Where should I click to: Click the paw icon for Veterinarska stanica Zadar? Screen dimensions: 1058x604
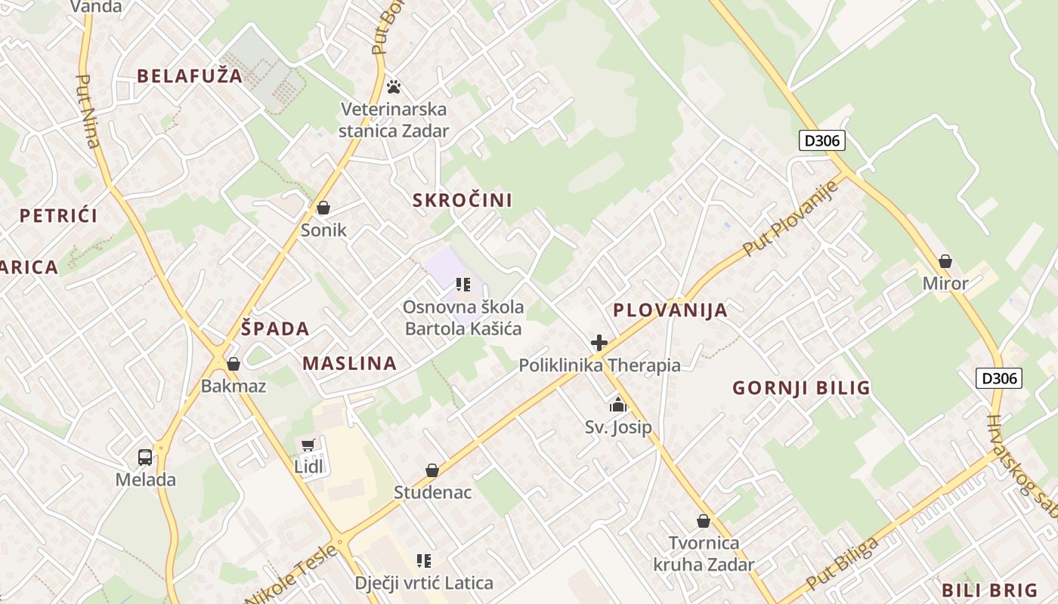coord(393,86)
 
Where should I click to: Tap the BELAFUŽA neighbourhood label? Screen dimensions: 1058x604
coord(190,75)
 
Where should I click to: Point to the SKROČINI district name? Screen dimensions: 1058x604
coord(462,200)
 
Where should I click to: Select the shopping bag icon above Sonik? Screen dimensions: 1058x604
coord(323,208)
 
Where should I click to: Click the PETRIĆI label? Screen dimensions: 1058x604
coord(59,216)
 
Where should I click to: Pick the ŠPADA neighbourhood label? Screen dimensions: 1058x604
coord(275,329)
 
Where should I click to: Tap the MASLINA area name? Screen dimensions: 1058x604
coord(350,363)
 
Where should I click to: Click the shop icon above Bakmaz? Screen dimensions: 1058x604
coord(234,364)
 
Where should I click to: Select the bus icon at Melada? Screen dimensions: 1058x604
coord(145,457)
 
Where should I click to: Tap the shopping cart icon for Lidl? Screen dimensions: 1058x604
coord(308,445)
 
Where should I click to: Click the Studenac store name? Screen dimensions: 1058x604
coord(432,493)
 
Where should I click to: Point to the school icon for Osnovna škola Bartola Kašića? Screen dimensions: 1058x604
coord(463,285)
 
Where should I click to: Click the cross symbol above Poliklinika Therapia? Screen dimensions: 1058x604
coord(599,344)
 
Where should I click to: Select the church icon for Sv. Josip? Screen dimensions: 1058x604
coord(618,405)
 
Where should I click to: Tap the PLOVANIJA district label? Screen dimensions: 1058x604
coord(670,310)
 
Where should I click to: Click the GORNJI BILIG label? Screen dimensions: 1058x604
coord(801,388)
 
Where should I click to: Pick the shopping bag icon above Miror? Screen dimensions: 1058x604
coord(945,262)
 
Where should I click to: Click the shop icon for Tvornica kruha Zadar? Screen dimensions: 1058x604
coord(704,521)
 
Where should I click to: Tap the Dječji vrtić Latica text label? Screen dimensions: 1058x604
coord(424,583)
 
